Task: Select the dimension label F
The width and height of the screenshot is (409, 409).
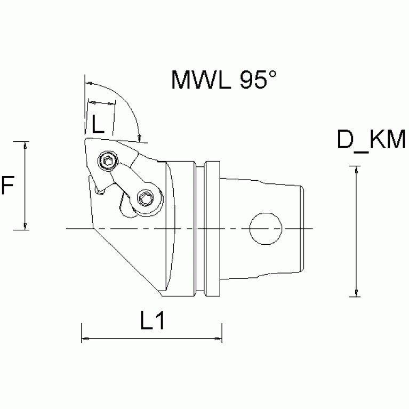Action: tap(7, 186)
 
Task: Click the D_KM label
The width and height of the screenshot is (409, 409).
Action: tap(371, 141)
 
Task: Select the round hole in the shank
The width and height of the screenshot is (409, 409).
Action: tap(266, 228)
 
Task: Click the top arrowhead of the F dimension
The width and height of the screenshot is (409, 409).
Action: tap(25, 145)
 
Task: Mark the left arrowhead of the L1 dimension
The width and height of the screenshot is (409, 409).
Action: tap(84, 338)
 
